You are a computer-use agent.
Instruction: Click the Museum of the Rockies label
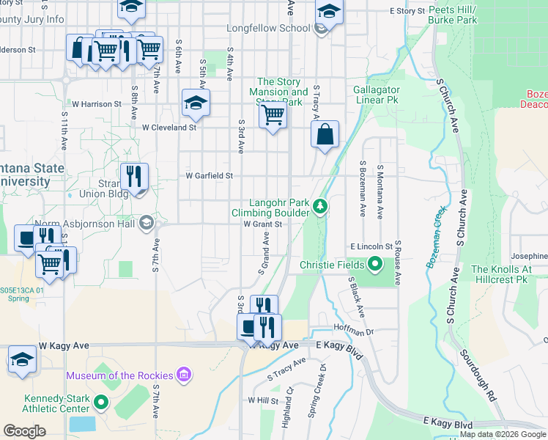(x=119, y=375)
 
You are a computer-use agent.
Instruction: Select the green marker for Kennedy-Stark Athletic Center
(x=100, y=403)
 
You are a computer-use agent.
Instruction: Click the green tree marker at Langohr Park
(x=319, y=207)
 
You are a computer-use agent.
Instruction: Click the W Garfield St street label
(x=209, y=176)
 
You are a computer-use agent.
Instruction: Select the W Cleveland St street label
(x=169, y=127)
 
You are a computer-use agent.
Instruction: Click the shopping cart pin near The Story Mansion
(x=273, y=115)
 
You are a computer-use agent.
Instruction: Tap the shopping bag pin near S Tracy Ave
(x=325, y=135)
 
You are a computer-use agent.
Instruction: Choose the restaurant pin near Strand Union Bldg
(x=133, y=177)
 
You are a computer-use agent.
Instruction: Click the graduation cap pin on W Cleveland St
(x=196, y=103)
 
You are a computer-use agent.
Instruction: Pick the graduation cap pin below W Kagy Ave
(x=23, y=361)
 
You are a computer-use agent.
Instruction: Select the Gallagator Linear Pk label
(x=376, y=94)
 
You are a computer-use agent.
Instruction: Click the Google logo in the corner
(x=24, y=431)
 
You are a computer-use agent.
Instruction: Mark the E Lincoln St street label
(x=372, y=247)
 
